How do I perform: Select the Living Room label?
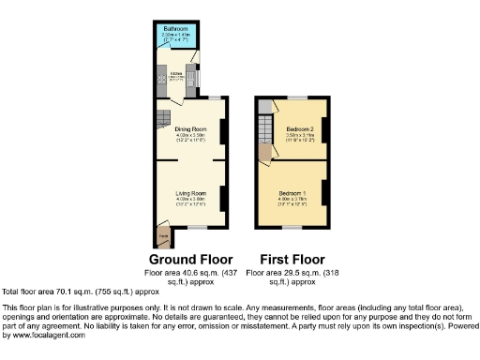[x=189, y=193]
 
